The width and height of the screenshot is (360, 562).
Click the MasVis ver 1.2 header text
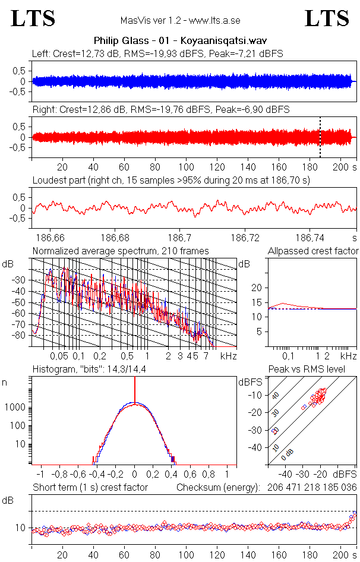[180, 20]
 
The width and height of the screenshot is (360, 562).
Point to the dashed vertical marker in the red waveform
[320, 137]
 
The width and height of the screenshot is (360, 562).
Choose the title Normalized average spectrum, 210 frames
[121, 251]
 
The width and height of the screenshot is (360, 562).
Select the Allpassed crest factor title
[313, 251]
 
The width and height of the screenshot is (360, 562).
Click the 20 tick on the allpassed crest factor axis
[257, 288]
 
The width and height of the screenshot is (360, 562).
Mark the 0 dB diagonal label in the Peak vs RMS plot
[289, 453]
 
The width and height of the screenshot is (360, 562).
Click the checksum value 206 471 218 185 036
[311, 488]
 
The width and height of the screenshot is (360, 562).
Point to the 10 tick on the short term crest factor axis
[20, 528]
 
